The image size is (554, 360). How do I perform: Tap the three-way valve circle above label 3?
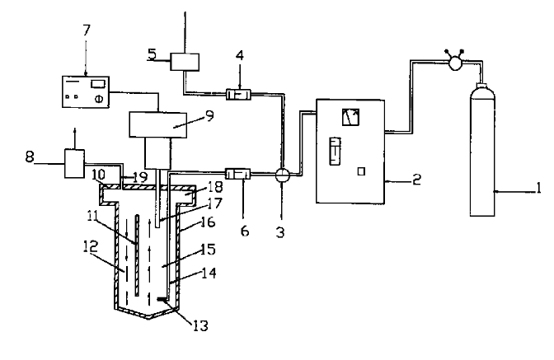coord(282,175)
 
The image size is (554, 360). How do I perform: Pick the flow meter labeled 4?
coord(240,95)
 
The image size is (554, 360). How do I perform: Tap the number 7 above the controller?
coord(87,30)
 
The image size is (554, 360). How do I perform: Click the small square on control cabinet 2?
coord(361,171)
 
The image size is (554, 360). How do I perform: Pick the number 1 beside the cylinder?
coord(537,190)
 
